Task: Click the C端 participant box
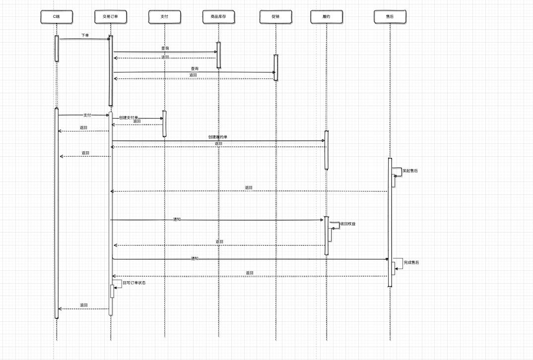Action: [x=57, y=17]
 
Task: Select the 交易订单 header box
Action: [x=111, y=17]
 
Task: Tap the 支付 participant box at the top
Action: [x=165, y=17]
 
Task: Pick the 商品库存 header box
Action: [x=218, y=17]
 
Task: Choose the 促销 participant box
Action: [x=275, y=17]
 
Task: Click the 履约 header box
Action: [x=327, y=17]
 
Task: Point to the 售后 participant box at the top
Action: [x=390, y=17]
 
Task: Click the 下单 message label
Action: [x=85, y=35]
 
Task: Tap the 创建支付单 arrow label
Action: [x=129, y=118]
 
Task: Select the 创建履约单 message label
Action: [x=218, y=137]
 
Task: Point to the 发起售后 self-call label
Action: [x=410, y=171]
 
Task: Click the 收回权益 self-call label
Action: [x=348, y=224]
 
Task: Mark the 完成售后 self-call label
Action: [x=411, y=262]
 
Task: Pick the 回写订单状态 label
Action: [x=134, y=283]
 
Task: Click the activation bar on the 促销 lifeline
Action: [x=275, y=67]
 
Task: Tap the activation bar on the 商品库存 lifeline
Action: [x=218, y=55]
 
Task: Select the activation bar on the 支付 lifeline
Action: [x=165, y=123]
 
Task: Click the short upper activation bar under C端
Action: [x=57, y=49]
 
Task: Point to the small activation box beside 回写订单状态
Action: [x=112, y=292]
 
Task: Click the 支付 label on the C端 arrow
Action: [x=87, y=115]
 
